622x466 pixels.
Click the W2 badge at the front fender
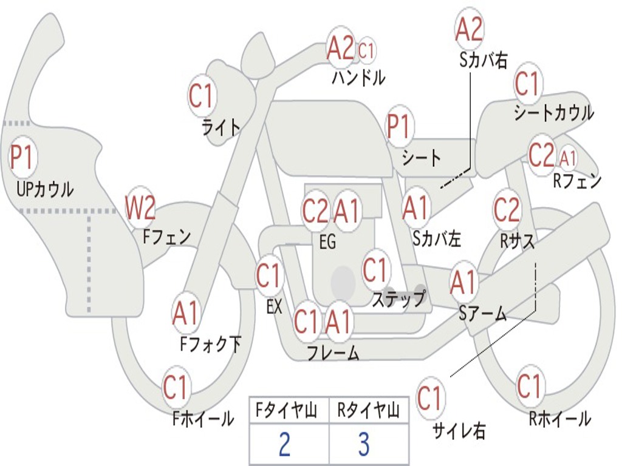140,208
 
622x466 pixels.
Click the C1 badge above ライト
202,96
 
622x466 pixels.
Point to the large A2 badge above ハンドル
340,49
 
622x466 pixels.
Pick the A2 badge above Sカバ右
469,29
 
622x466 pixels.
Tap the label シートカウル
553,113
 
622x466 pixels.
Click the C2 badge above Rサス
507,210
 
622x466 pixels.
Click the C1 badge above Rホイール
529,386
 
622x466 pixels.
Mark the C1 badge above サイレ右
430,399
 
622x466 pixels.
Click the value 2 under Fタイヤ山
284,444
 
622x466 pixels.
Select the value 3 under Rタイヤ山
363,444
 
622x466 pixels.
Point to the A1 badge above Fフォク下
186,314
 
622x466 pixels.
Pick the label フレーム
333,353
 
